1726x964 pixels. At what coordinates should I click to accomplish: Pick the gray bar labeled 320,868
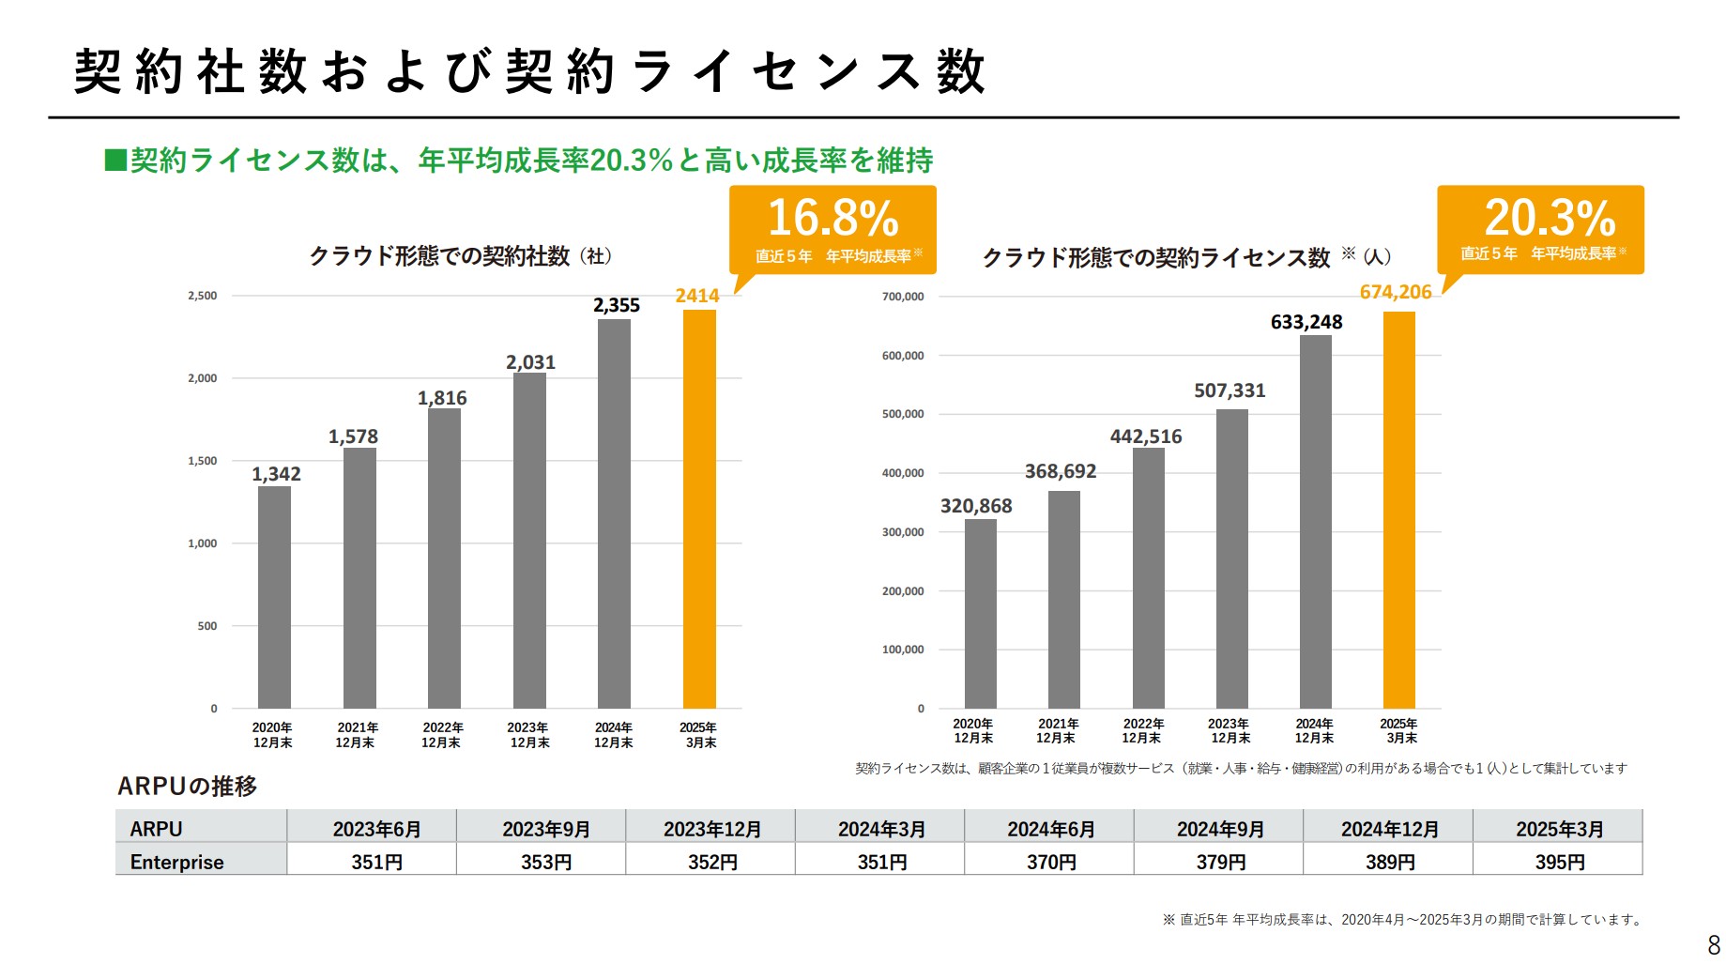980,614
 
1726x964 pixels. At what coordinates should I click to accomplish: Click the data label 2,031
530,362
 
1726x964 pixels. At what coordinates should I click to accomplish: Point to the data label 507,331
1230,390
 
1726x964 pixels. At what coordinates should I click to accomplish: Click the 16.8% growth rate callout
832,229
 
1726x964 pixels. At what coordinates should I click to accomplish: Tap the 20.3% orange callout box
1540,229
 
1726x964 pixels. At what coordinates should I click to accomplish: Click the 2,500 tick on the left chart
202,296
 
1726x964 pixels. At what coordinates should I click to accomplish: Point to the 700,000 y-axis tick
902,297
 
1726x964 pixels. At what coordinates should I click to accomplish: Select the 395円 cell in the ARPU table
1558,862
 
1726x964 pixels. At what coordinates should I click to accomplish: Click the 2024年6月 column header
1050,829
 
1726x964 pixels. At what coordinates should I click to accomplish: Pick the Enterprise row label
177,862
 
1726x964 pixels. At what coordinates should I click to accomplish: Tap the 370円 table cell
1050,862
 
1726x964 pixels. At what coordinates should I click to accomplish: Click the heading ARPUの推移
187,786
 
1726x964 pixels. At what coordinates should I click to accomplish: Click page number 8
1713,944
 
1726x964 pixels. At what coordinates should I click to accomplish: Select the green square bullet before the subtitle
115,161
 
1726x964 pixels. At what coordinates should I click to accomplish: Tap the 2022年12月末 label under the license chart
1142,730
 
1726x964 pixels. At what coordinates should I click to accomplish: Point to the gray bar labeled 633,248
1315,521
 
